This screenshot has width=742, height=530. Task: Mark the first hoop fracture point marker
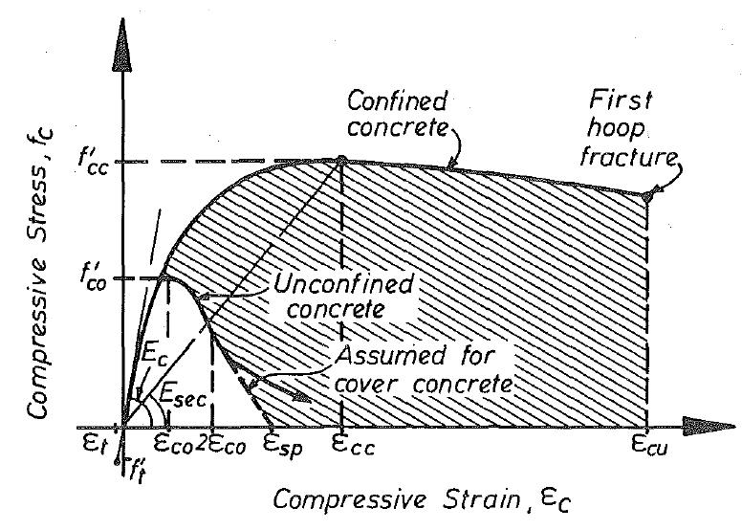coord(647,196)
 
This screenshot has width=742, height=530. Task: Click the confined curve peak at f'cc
coord(338,162)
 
